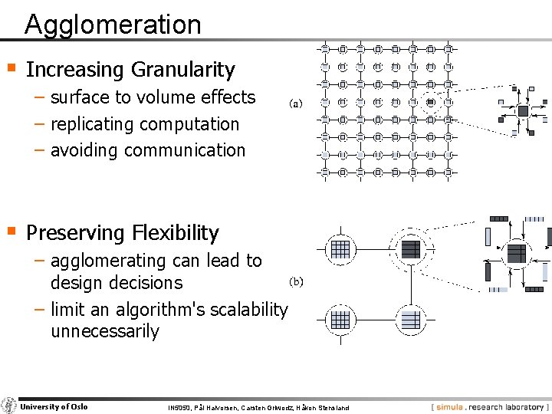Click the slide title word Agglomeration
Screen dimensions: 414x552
pyautogui.click(x=113, y=25)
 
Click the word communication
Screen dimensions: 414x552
pyautogui.click(x=189, y=149)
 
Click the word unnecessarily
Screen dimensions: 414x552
pyautogui.click(x=104, y=331)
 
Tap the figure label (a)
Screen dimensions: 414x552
pyautogui.click(x=296, y=103)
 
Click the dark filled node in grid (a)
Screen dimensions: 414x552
pyautogui.click(x=431, y=102)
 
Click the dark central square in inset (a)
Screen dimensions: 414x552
pyautogui.click(x=523, y=111)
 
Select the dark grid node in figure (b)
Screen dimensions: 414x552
pyautogui.click(x=412, y=249)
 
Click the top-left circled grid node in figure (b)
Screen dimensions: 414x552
pyautogui.click(x=340, y=249)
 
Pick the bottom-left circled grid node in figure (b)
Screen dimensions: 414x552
pyautogui.click(x=340, y=319)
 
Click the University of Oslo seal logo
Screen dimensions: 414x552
pyautogui.click(x=8, y=406)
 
